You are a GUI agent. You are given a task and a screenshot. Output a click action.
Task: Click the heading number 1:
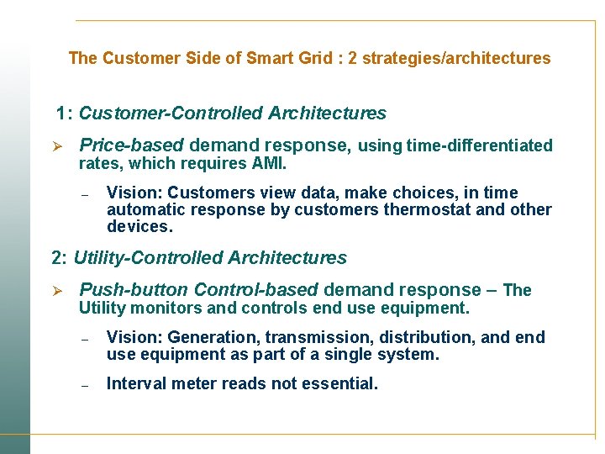coord(65,113)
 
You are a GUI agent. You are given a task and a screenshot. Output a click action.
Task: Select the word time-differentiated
coord(479,145)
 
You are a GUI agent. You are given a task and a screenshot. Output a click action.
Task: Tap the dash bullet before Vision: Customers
coord(85,194)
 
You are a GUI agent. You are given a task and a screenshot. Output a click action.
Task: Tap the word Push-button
coord(129,290)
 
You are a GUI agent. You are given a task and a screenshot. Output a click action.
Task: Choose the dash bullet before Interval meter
coord(85,385)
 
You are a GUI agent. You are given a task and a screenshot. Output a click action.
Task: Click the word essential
coord(343,383)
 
